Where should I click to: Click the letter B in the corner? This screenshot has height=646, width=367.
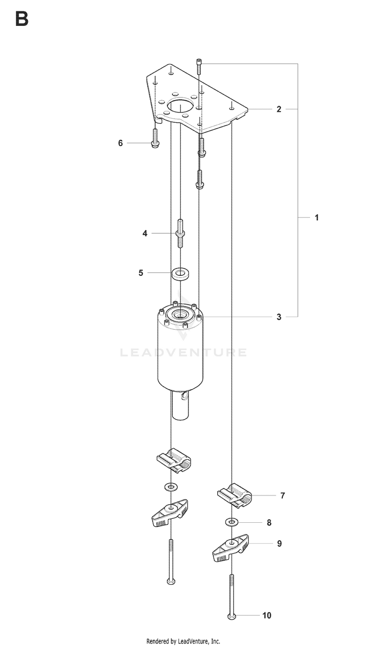pos(22,19)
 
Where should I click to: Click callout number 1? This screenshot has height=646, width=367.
pos(317,218)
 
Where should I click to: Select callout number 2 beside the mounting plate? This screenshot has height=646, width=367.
pos(279,109)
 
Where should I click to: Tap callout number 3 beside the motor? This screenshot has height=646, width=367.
pos(279,317)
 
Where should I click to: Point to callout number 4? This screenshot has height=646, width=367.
pos(145,233)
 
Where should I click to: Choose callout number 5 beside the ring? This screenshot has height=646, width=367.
pos(141,272)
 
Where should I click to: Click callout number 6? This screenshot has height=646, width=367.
pos(120,143)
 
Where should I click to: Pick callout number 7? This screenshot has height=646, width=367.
pos(283,495)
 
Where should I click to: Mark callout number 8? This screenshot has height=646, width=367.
pos(269,522)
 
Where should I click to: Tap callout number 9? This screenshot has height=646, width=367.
pos(279,543)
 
